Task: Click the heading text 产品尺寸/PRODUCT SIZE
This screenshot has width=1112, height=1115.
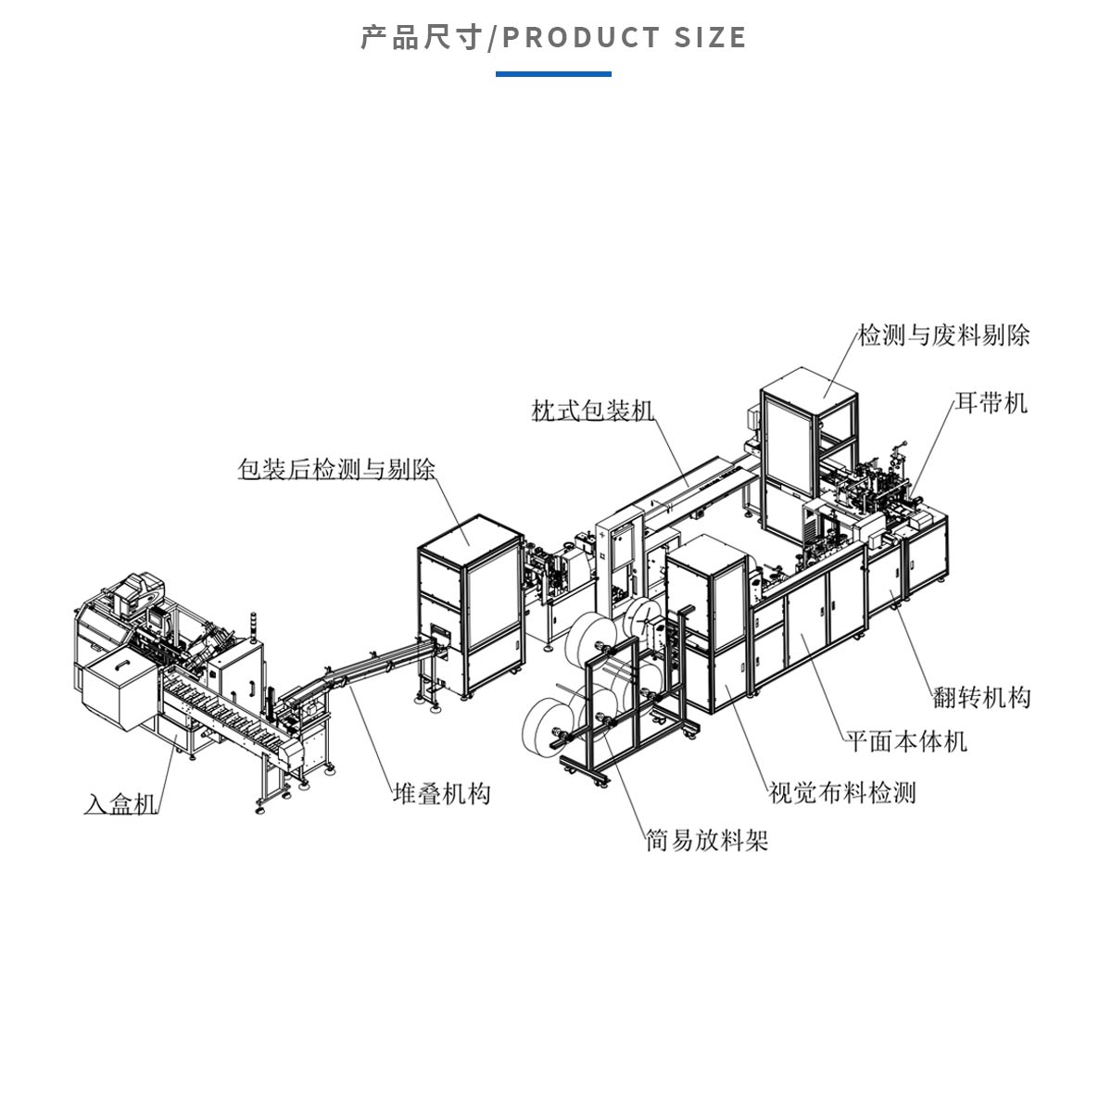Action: pos(553,38)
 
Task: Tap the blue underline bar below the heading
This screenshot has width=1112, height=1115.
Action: pos(553,73)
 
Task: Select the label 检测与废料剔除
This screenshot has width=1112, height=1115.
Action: pos(943,336)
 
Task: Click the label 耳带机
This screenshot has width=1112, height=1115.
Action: pos(992,403)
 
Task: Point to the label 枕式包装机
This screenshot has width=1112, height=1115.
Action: pos(592,411)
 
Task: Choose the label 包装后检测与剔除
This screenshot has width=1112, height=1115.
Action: pos(336,470)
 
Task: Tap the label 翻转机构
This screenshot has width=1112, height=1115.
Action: pos(981,698)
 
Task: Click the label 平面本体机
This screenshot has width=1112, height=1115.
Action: pos(905,741)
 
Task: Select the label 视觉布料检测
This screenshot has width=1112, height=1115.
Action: pos(841,793)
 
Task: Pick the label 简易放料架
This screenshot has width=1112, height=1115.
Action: pos(707,842)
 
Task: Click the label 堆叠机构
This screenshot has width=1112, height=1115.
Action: pos(441,794)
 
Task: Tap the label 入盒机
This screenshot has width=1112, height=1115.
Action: pos(121,804)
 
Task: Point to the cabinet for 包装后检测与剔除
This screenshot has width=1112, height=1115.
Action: pos(469,602)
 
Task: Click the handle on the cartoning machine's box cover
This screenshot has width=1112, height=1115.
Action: pos(119,664)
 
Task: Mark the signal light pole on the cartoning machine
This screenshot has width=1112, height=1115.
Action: pos(255,626)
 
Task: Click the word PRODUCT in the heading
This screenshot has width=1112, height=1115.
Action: pos(581,38)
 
